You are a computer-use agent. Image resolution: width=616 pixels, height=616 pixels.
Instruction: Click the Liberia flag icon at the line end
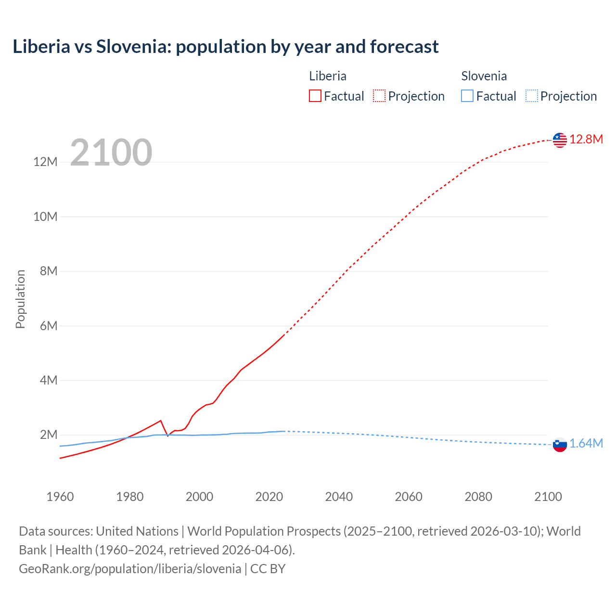pos(560,140)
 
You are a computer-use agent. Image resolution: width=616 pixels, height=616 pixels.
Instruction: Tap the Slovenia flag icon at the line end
pos(560,445)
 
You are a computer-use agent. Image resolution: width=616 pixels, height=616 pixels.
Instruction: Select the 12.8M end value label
pos(586,140)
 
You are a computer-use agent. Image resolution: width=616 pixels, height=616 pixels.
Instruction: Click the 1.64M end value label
pos(586,444)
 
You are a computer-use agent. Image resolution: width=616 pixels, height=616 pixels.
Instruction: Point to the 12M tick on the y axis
pos(45,162)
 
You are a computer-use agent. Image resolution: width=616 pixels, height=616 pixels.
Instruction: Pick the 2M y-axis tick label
pos(49,435)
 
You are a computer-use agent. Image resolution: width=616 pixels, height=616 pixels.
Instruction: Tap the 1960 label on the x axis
pos(60,497)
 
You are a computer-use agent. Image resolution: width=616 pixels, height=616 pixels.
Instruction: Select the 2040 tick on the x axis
pos(339,497)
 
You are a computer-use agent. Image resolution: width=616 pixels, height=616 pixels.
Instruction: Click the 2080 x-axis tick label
pos(478,497)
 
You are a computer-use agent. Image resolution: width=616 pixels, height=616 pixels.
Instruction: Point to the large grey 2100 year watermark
pos(111,153)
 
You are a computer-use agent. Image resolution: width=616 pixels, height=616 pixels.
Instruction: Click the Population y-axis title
pos(20,299)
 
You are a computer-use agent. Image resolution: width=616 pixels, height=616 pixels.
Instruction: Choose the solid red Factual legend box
pos(315,96)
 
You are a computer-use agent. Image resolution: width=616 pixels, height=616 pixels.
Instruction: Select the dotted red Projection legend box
pos(379,96)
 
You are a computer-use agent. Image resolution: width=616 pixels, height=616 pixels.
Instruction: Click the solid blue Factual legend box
pos(467,96)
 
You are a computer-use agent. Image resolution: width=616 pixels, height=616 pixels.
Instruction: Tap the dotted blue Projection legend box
pos(532,96)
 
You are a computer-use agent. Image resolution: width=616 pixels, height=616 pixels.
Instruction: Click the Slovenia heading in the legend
pos(484,76)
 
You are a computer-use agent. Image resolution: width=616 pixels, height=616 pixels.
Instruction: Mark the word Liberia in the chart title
pos(41,47)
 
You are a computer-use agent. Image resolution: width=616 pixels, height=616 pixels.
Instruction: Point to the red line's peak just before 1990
pos(161,421)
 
